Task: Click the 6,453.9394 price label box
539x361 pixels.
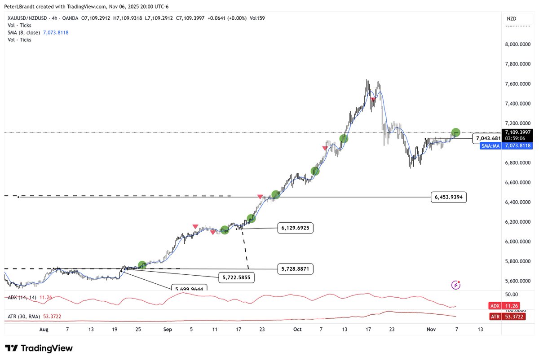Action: click(x=449, y=197)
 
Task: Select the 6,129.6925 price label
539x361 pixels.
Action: click(x=295, y=228)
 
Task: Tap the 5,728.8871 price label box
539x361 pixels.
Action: click(x=295, y=269)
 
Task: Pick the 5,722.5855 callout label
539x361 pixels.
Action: click(x=236, y=278)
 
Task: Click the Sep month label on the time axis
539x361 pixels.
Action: click(x=168, y=329)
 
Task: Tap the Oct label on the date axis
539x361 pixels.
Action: click(x=297, y=329)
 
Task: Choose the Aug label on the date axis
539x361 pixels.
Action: click(x=44, y=329)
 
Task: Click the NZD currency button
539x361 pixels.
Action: click(x=511, y=18)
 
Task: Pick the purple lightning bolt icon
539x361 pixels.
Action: click(x=456, y=284)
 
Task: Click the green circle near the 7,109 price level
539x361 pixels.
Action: click(x=455, y=132)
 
